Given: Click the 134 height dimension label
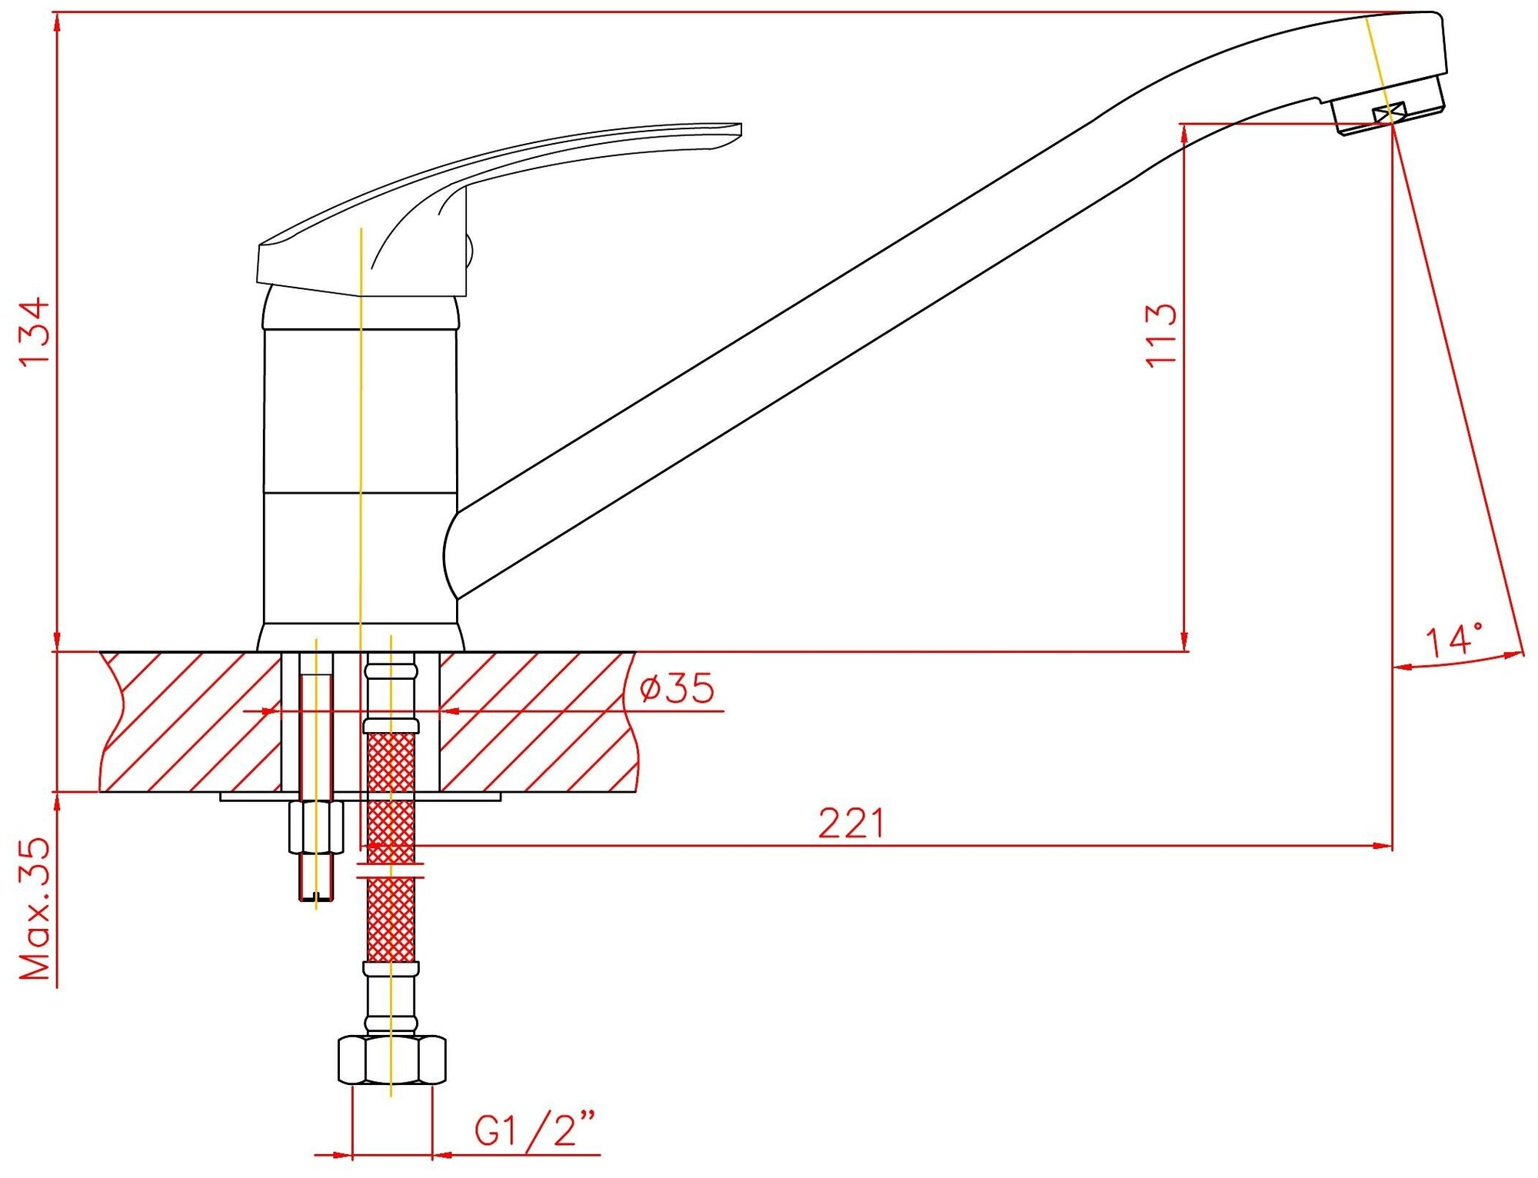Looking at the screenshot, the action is coord(35,331).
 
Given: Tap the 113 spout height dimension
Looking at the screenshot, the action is coord(1160,335).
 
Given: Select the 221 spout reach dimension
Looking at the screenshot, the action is coord(851,824).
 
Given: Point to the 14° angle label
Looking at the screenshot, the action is coord(1453,641).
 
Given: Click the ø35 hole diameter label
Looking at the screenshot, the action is coord(677,687).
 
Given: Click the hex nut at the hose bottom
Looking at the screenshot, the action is coord(391,1060).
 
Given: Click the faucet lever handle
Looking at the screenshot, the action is coord(461,200).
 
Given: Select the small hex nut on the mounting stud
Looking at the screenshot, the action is coord(316,826).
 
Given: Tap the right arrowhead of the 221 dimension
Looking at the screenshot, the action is coord(1383,846).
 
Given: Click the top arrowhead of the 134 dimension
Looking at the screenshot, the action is coord(57,23).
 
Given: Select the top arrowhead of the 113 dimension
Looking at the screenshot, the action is coord(1185,134).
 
